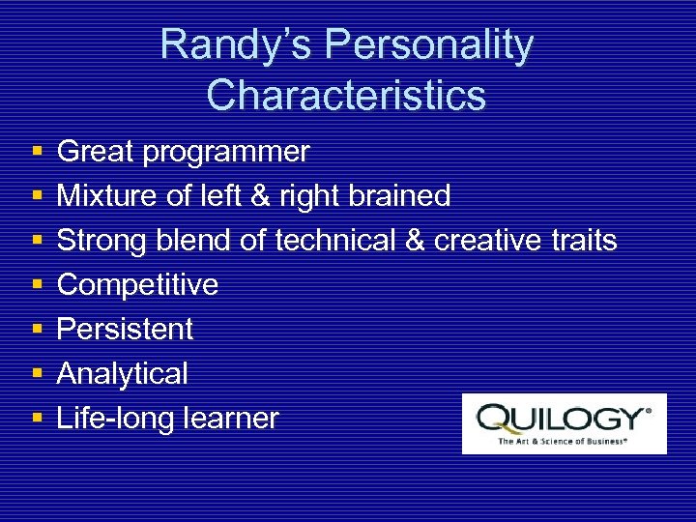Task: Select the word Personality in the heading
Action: coord(428,45)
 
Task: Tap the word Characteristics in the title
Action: coord(346,96)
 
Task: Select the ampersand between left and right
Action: coord(260,196)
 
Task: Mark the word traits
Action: coord(585,240)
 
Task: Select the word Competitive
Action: coord(137,284)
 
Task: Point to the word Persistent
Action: coord(125,329)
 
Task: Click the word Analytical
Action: coord(122,373)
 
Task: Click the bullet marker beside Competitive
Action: coord(36,285)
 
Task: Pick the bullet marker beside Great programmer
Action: coord(36,153)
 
